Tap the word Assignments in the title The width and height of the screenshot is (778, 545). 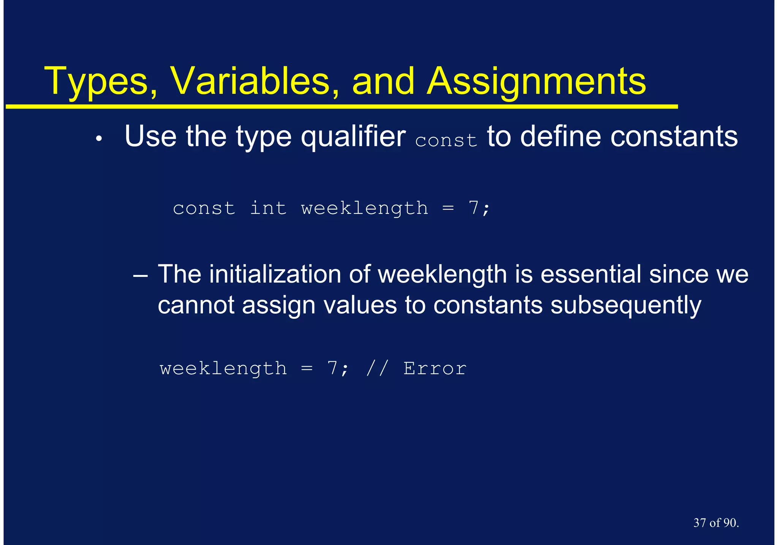(536, 82)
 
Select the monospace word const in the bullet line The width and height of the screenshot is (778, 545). (446, 140)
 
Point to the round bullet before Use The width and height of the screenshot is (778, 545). (99, 140)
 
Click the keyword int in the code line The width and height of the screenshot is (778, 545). (268, 208)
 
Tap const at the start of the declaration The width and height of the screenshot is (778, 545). (204, 208)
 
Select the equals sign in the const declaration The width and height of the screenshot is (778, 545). (448, 208)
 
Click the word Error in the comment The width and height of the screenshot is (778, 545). (435, 369)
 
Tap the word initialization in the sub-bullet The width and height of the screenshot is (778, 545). (275, 274)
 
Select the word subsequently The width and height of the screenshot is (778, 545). (626, 306)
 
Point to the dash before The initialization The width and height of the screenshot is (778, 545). (141, 275)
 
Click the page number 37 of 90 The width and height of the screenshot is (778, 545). (716, 523)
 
